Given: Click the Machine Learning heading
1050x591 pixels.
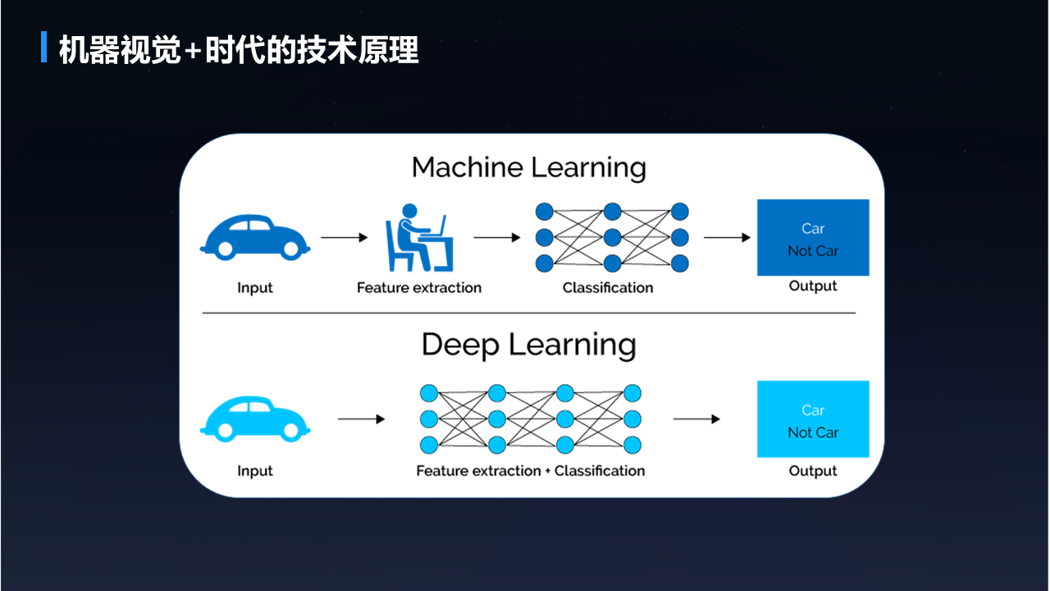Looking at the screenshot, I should (x=528, y=167).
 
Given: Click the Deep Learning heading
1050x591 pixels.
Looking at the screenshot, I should (x=528, y=345).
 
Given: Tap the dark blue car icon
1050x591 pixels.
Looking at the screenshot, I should (x=254, y=237).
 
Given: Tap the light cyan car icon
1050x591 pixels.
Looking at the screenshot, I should (x=254, y=419).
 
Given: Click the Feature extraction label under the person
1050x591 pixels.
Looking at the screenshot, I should (x=418, y=288).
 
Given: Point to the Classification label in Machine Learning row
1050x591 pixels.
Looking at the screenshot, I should (x=608, y=288).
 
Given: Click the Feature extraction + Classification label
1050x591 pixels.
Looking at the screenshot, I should (x=530, y=471).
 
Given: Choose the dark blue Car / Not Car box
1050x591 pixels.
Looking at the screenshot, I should (x=812, y=238).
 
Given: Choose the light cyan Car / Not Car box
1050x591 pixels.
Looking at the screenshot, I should (x=812, y=419).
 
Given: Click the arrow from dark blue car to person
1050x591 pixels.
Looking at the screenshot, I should (x=345, y=238).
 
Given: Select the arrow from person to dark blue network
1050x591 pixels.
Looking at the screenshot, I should (x=497, y=238).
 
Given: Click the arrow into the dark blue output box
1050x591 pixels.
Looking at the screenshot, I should (x=727, y=238).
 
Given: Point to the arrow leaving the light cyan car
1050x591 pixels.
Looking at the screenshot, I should (x=361, y=419).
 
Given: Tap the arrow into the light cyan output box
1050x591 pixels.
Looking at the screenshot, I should (x=696, y=419).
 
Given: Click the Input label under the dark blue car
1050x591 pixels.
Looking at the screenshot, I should (x=254, y=288).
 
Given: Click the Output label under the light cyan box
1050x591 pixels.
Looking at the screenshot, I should (x=812, y=471).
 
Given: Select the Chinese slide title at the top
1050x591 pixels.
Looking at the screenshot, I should (x=239, y=50).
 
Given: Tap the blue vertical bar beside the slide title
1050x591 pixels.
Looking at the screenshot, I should (x=43, y=48).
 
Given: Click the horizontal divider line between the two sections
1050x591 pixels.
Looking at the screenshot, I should (x=528, y=313).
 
